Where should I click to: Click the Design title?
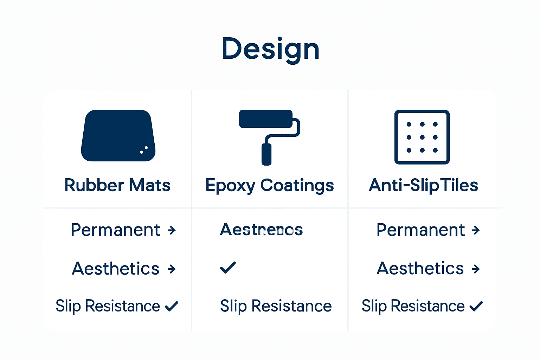270,49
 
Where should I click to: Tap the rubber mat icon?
118,136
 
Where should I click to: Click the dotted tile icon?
422,137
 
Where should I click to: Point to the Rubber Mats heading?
117,185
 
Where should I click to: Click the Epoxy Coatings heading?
270,186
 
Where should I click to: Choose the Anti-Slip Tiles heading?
423,185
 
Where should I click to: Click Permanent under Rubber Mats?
115,230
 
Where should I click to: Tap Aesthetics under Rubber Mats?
116,269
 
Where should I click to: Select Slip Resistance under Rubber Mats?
108,306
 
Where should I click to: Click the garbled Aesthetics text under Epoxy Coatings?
261,230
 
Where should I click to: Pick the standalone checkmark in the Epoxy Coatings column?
228,268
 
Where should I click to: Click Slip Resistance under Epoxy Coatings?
276,306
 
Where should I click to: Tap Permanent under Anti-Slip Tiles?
420,230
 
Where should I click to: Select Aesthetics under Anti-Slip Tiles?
420,269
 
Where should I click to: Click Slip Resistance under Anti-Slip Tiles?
413,306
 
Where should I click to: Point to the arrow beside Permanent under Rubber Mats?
172,230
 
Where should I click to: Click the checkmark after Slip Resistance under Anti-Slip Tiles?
476,306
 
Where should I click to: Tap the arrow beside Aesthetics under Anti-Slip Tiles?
476,269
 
